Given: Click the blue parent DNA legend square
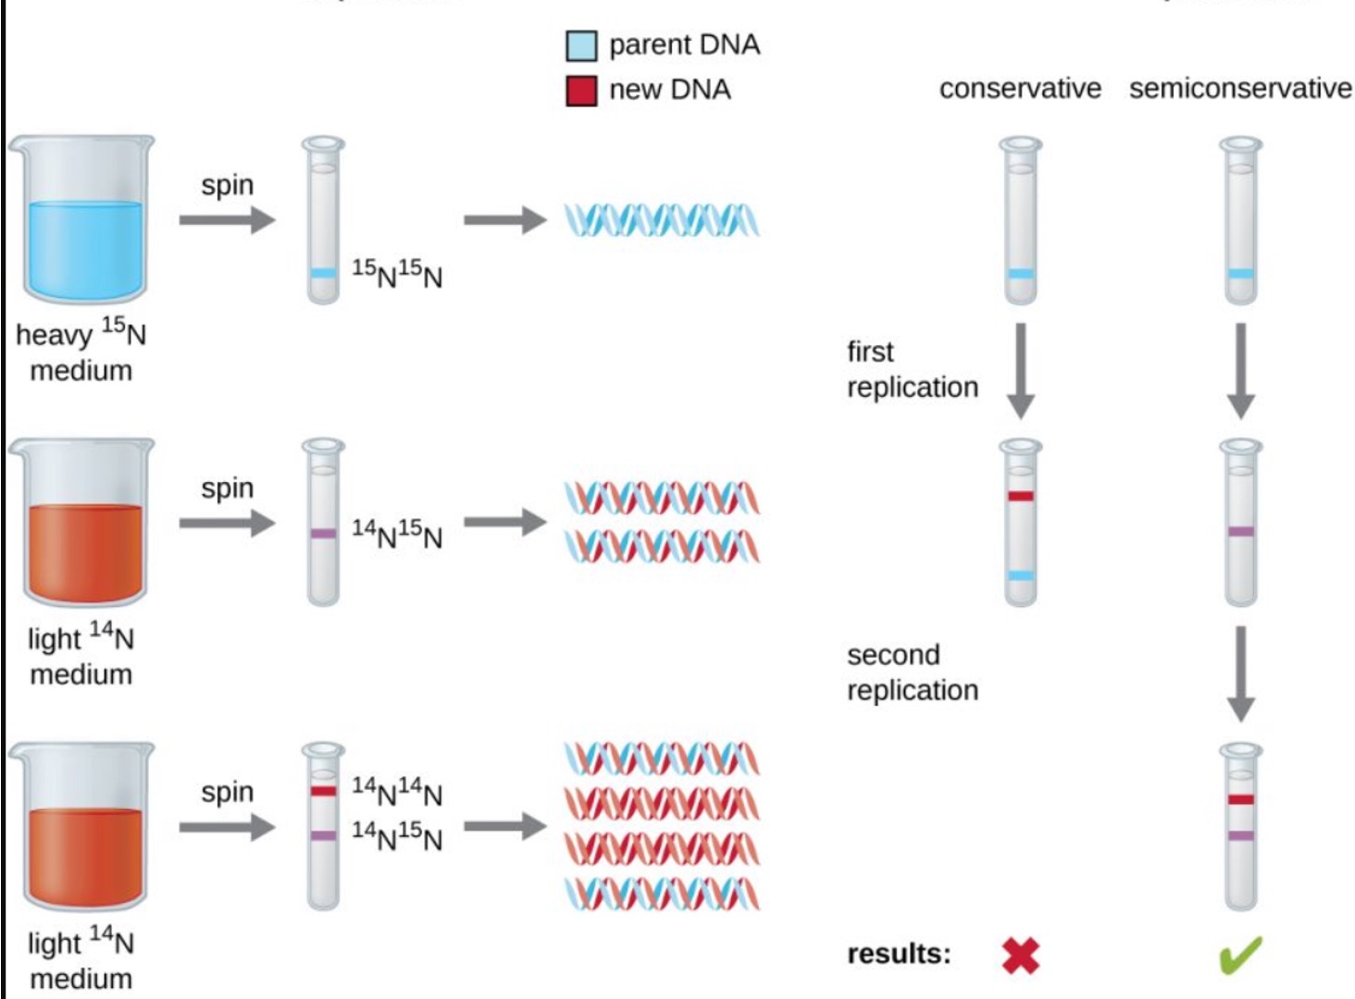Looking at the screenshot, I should click(581, 45).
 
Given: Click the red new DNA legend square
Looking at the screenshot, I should click(581, 91).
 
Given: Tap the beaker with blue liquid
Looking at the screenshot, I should click(81, 222).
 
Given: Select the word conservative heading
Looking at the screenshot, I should click(1020, 89).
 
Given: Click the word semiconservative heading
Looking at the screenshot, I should click(1240, 89).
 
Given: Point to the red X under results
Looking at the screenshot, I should click(1020, 956).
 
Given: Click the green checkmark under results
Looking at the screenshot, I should click(1240, 956).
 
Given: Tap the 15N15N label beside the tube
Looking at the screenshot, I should click(397, 273).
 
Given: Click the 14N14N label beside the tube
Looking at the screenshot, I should click(397, 791).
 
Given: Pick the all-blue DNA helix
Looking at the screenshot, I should click(662, 220).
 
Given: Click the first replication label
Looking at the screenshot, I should click(912, 369).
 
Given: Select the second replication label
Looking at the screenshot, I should click(912, 672).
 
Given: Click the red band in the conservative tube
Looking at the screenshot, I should click(1021, 497).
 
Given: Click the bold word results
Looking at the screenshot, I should click(899, 954).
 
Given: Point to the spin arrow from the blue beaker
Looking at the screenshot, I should click(227, 220).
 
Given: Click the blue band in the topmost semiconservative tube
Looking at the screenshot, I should click(1240, 274).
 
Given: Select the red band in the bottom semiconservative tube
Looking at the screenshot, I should click(1240, 799).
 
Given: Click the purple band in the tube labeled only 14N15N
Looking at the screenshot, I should click(323, 534).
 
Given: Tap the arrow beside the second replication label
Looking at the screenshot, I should click(1240, 673).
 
